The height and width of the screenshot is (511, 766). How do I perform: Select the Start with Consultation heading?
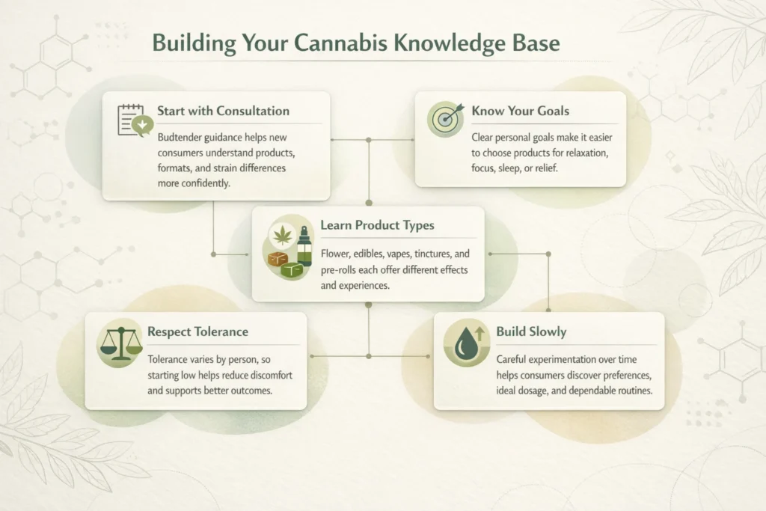[223, 111]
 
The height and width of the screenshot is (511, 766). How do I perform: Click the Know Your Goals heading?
[521, 111]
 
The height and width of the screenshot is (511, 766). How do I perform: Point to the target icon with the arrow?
[446, 119]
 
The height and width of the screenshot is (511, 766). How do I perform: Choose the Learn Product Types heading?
[377, 225]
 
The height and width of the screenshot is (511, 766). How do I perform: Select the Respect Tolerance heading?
[197, 331]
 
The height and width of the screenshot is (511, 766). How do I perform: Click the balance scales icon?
[120, 344]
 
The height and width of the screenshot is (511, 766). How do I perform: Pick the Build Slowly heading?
[532, 331]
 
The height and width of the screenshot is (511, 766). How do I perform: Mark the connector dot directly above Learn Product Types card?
[369, 202]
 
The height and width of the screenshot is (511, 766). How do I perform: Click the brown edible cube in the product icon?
[278, 259]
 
